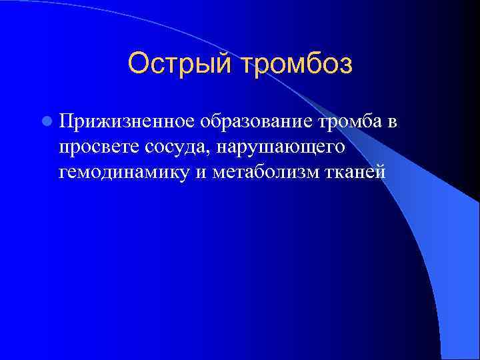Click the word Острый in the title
click(x=175, y=65)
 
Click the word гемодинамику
click(x=125, y=172)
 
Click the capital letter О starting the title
click(x=138, y=63)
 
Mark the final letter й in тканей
click(x=380, y=172)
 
